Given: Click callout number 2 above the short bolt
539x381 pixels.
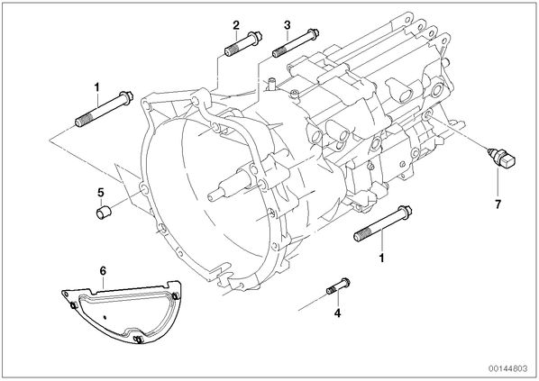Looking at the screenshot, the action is pos(236,24).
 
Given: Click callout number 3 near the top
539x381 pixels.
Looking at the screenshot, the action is pos(287,24).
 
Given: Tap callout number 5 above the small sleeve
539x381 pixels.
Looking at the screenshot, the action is pos(100,193).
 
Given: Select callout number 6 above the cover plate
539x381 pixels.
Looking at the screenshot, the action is pos(103,271).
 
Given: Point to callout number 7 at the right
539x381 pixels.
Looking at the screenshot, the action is pos(498,204).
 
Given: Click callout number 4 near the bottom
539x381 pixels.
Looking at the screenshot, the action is pos(338,313).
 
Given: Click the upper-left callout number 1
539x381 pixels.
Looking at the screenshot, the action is pos(97,87).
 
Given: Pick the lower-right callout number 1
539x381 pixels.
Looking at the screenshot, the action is pos(381,258).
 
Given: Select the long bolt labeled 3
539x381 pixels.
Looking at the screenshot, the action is pos(296,43).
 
